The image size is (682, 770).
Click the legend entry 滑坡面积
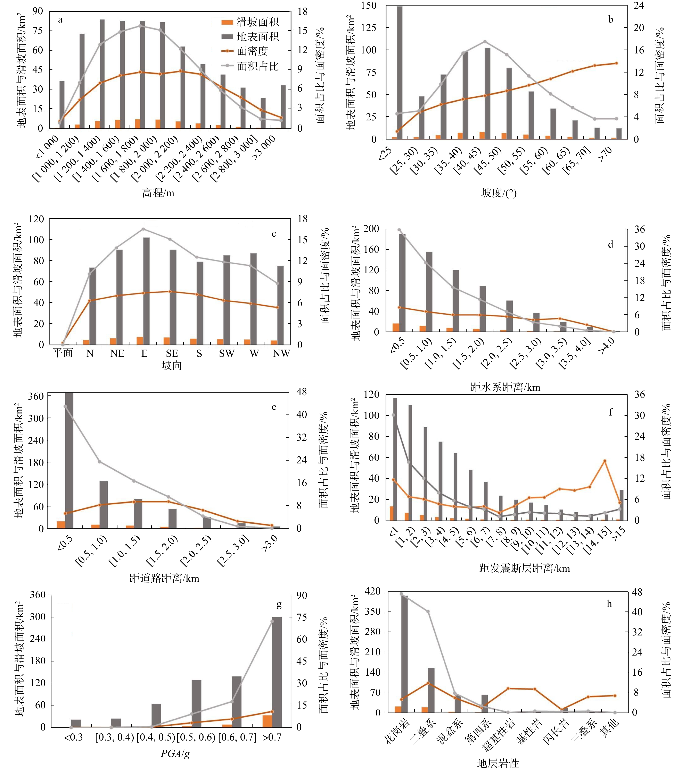(257, 22)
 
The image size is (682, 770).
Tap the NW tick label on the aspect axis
(281, 353)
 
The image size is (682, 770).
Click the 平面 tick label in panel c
(63, 353)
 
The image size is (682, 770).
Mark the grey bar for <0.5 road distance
(69, 460)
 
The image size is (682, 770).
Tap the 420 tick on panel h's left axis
(372, 591)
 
